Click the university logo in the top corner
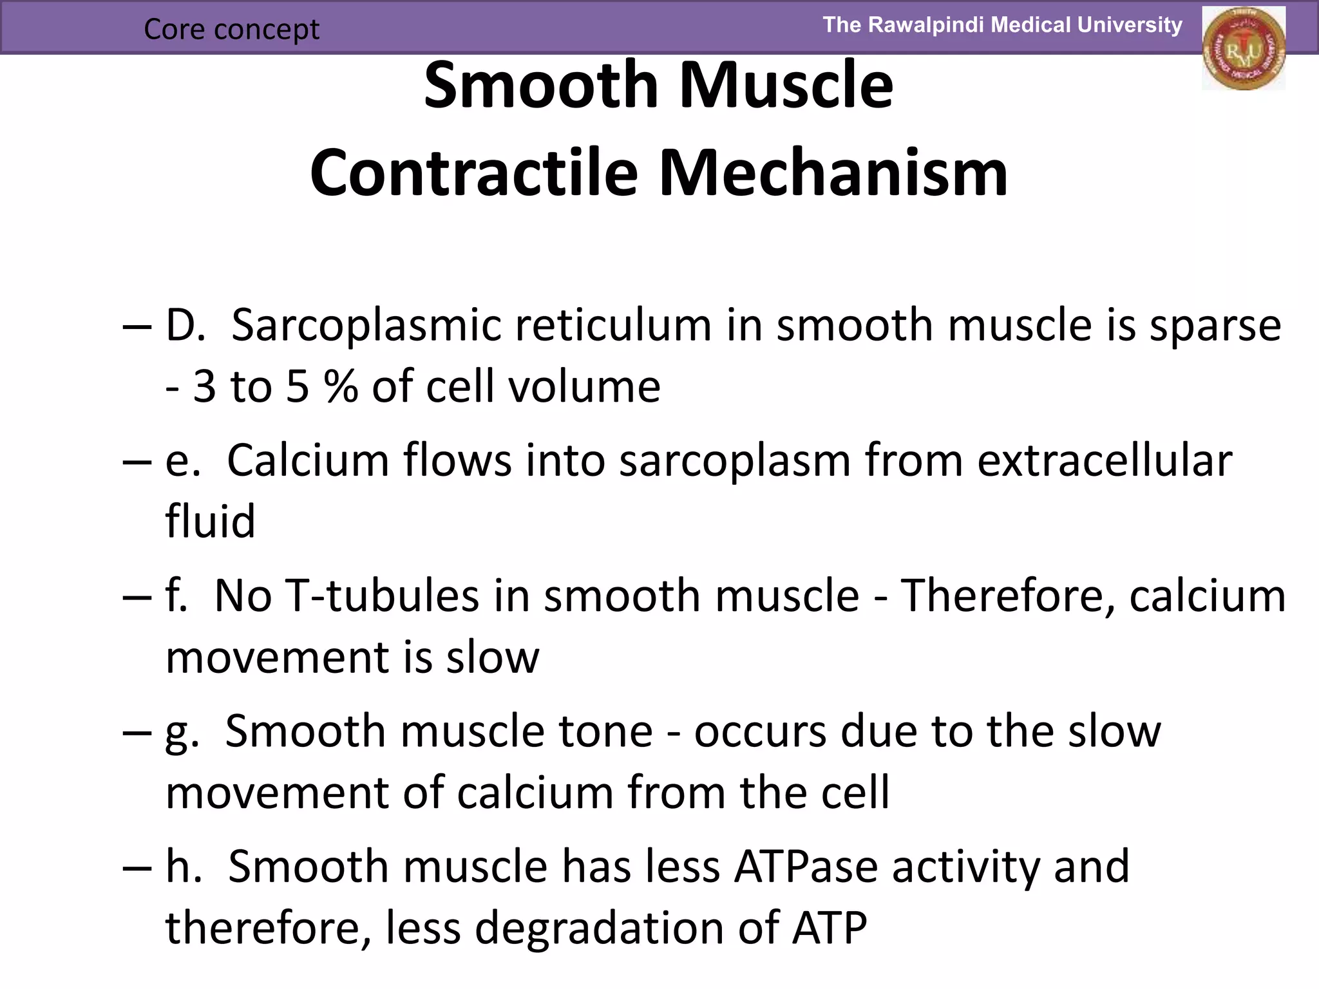1243,48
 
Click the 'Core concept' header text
231,29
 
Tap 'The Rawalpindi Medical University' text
1002,25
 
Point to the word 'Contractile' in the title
473,173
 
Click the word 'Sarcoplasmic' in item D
366,325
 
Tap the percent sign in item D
341,387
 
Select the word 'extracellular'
1104,460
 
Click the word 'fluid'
210,521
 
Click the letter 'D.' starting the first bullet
185,325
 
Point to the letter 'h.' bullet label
183,867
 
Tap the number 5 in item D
298,387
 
